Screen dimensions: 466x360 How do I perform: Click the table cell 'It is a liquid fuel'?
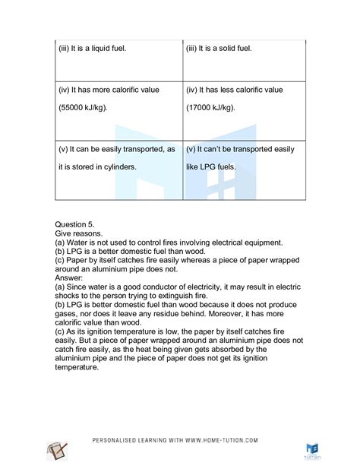point(92,49)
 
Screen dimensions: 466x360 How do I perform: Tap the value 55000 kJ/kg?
point(90,108)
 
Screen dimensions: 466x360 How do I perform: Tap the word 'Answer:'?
point(74,277)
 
